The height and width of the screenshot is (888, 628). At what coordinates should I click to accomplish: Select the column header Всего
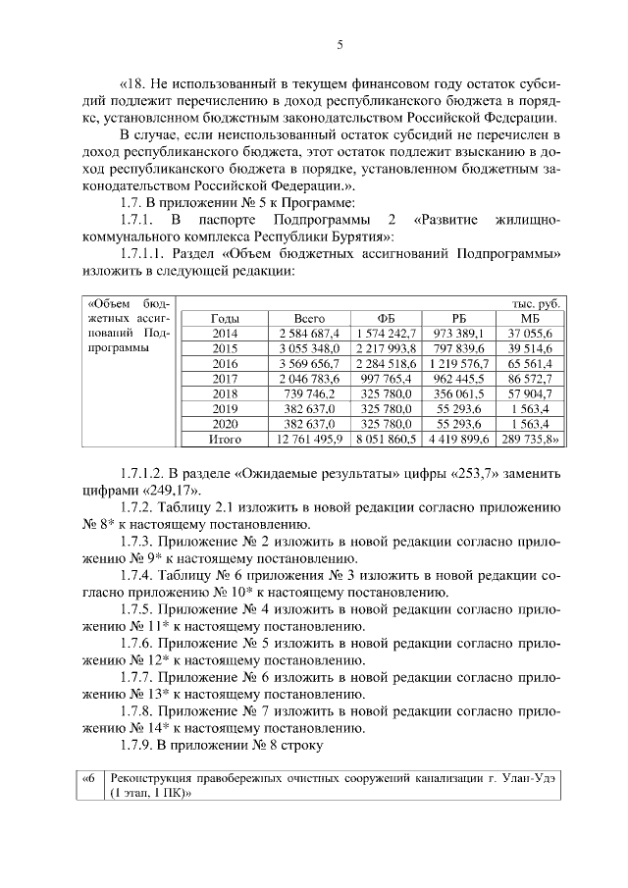[309, 318]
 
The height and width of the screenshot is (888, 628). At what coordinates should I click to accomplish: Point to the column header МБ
[529, 318]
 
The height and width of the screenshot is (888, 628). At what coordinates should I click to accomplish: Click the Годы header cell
[225, 318]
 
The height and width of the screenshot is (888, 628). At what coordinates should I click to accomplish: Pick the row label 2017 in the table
[225, 378]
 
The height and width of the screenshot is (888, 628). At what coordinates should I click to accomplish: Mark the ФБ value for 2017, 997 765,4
[390, 378]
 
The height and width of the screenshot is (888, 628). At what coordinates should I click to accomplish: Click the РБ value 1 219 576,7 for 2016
[458, 363]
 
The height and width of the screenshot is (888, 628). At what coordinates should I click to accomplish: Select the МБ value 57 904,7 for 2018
[529, 393]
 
